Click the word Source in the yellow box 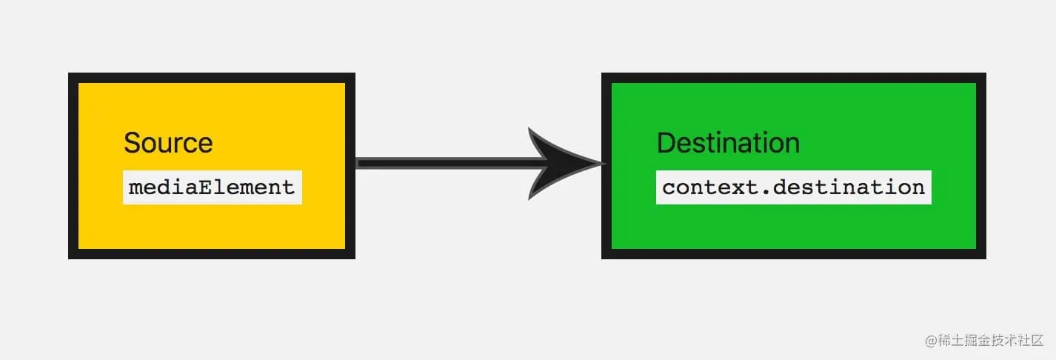coord(168,143)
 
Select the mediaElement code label coord(212,187)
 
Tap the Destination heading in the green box coord(729,143)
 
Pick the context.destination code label coord(793,187)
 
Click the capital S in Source coord(133,143)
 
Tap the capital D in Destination coord(667,143)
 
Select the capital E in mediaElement coord(205,187)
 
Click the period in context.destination coord(766,193)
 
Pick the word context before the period coord(710,187)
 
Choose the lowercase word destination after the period coord(849,187)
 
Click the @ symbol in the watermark coord(931,341)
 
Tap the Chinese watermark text coord(991,340)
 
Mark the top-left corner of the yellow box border coord(68,73)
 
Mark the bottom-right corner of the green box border coord(986,259)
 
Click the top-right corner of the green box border coord(986,73)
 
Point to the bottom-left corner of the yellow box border coord(68,259)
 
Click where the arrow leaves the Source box coord(356,163)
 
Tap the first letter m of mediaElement coord(135,189)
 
